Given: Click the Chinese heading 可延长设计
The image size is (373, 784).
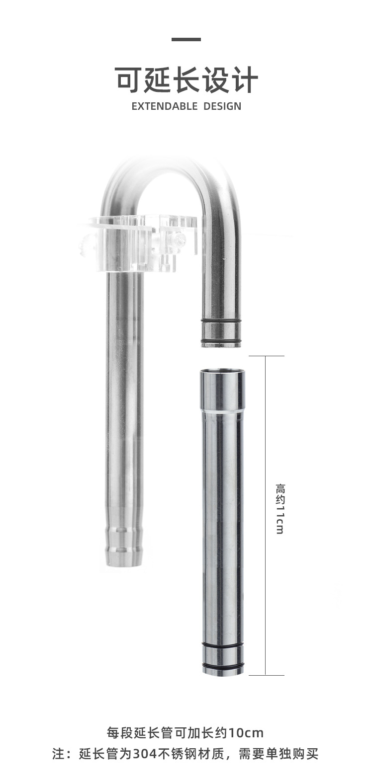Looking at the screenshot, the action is pos(186,80).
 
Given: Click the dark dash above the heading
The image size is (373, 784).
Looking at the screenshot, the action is pos(186,40).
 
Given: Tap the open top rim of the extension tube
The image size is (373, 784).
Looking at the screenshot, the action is pos(222,371).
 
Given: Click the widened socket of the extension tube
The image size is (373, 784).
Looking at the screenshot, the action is pos(222,389).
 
